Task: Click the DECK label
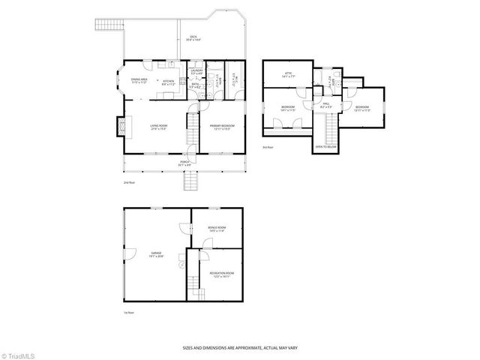pyautogui.click(x=193, y=37)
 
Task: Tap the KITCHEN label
pyautogui.click(x=169, y=82)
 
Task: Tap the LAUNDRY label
pyautogui.click(x=196, y=72)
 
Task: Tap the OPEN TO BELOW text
pyautogui.click(x=325, y=148)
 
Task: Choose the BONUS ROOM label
pyautogui.click(x=217, y=230)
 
